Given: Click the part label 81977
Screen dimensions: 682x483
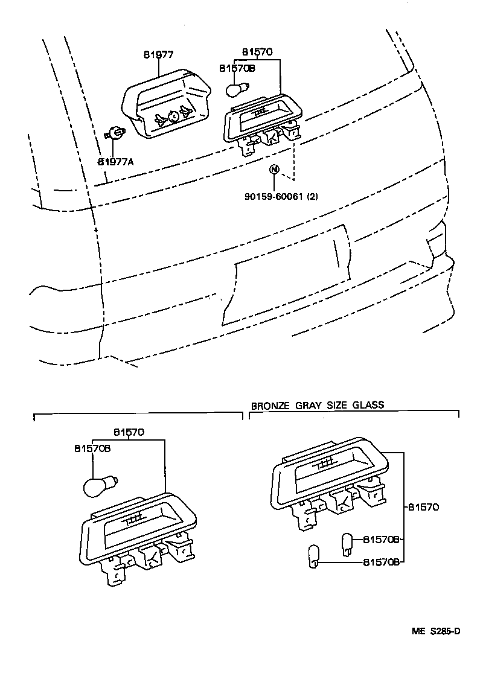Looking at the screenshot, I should point(158,54).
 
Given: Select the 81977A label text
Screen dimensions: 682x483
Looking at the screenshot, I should point(116,162).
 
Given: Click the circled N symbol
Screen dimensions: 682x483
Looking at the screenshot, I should point(274,170).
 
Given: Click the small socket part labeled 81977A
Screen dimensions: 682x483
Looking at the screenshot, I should point(115,133).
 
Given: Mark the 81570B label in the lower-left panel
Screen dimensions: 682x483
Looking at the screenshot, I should point(92,448).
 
